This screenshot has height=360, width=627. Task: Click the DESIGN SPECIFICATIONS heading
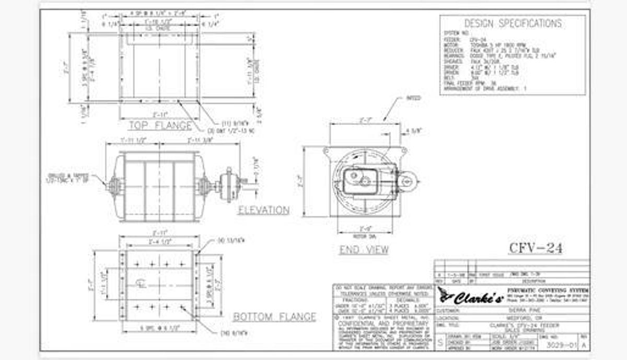point(513,24)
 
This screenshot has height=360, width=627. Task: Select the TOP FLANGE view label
point(160,125)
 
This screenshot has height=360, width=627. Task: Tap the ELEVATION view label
point(263,210)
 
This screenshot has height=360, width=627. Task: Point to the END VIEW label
point(364,250)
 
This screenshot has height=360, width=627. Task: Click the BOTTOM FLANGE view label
point(274,317)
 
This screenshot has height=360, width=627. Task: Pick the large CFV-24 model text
point(536,248)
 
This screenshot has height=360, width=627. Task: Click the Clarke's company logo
point(470,298)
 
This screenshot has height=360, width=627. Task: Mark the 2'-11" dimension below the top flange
point(159,113)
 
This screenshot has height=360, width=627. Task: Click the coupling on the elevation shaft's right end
point(228,185)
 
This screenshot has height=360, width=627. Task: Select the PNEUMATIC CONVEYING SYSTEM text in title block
point(548,290)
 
